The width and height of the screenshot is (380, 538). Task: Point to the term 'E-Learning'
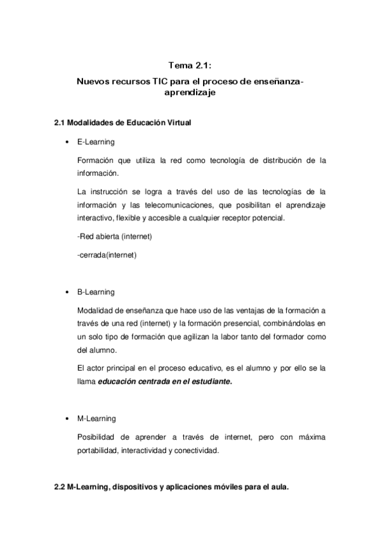pyautogui.click(x=95, y=141)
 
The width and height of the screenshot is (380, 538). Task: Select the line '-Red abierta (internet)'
pyautogui.click(x=114, y=237)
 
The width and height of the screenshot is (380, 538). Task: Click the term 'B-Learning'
pyautogui.click(x=95, y=292)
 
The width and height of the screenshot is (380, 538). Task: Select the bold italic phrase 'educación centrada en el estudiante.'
pyautogui.click(x=165, y=382)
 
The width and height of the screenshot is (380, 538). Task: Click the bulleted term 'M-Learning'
pyautogui.click(x=96, y=419)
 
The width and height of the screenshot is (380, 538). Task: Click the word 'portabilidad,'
pyautogui.click(x=100, y=450)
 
